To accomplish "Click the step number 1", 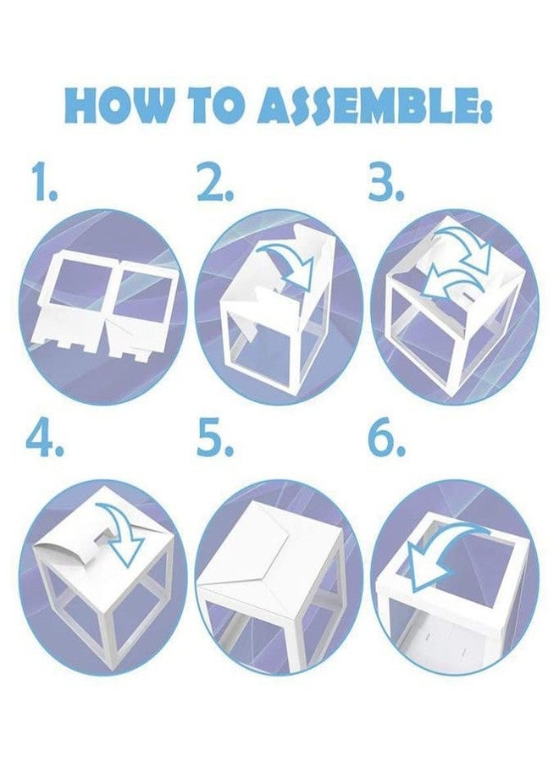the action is (x=45, y=182).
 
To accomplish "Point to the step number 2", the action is (x=214, y=182).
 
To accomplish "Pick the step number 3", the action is (x=386, y=182).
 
